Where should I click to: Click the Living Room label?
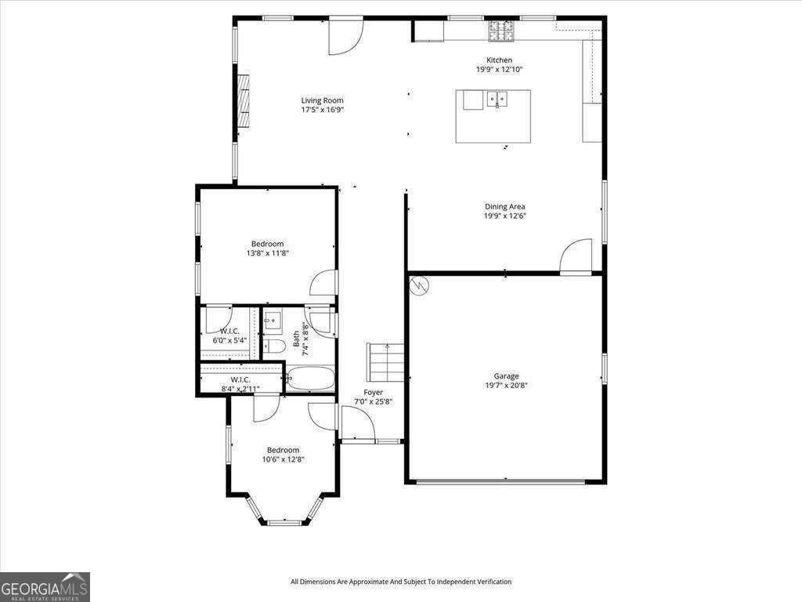322,100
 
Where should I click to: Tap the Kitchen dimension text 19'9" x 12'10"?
499,70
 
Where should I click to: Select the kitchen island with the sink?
493,116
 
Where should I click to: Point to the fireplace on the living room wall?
244,100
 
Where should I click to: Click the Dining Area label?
504,207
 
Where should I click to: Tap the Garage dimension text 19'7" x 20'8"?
506,386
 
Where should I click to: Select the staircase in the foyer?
385,363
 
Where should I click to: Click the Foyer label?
373,392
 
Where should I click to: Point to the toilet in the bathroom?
273,346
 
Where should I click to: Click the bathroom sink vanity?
273,321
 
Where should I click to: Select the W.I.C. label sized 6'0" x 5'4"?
229,331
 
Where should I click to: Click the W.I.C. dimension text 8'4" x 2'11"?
240,389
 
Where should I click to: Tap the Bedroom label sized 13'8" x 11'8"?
267,244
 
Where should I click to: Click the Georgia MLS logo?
45,587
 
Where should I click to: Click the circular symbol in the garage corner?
420,285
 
